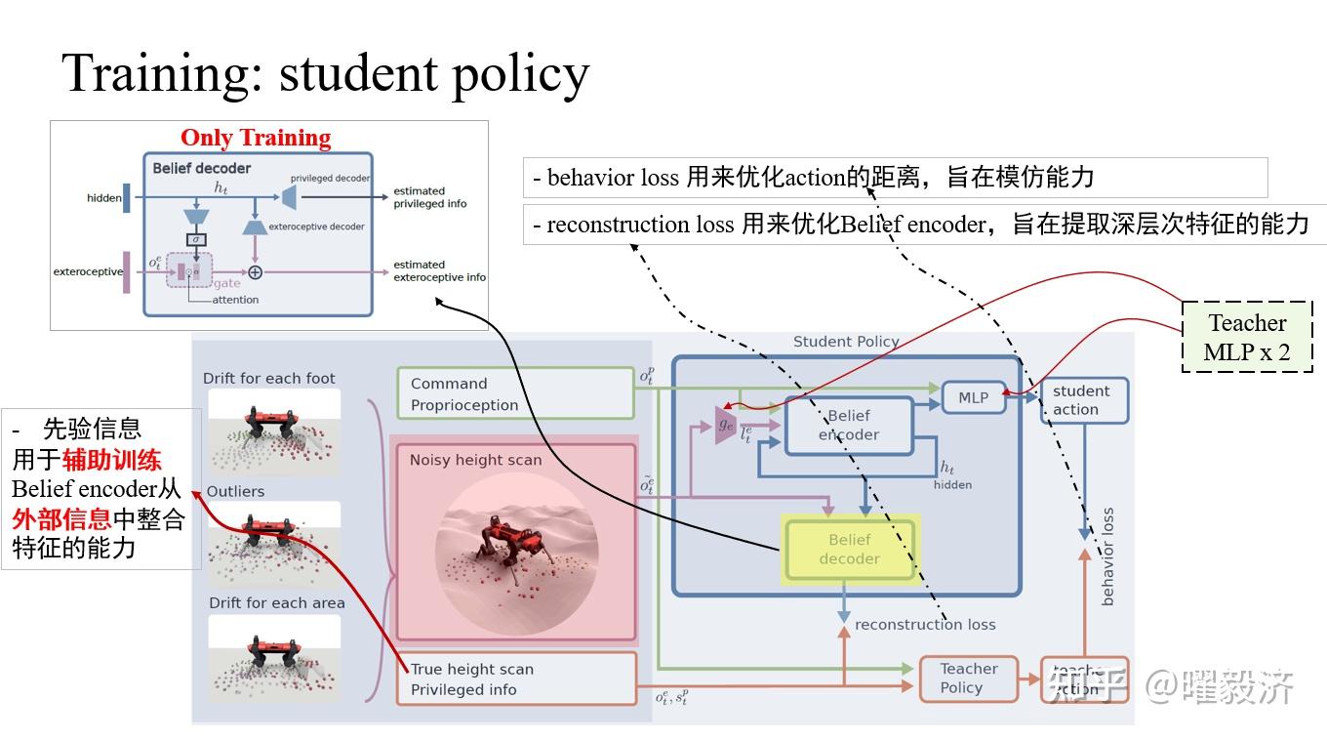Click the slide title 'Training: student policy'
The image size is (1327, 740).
325,73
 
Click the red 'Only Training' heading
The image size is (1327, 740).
256,138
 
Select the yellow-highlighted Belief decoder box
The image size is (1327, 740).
849,550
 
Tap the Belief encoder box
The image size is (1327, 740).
849,425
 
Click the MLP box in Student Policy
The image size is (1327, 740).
973,397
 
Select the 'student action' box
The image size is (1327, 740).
1084,400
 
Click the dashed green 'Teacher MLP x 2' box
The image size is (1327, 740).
1246,337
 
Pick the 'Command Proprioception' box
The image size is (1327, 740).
515,394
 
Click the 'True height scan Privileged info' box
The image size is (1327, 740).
515,679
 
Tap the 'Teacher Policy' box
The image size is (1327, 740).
968,678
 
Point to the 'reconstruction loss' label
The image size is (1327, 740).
924,624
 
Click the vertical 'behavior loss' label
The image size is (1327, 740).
1107,556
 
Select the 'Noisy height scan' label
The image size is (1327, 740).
475,460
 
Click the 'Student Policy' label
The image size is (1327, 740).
846,342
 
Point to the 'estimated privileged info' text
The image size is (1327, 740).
429,197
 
